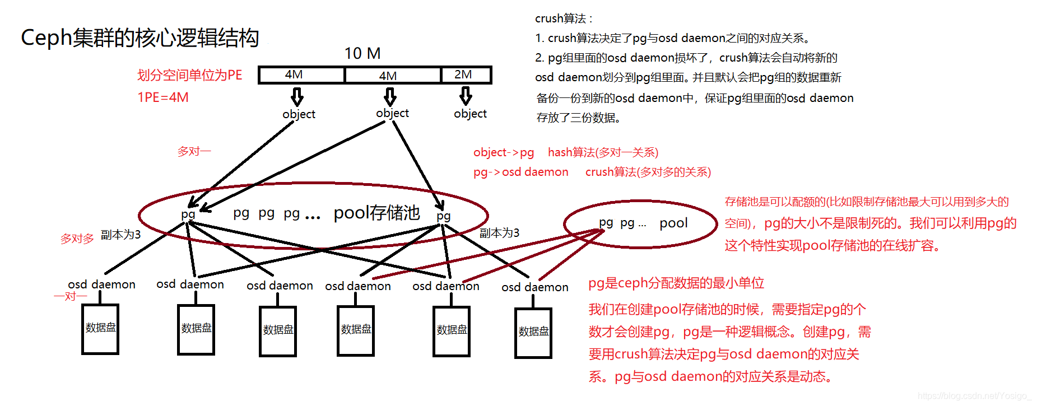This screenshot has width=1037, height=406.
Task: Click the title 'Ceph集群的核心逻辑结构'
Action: [139, 38]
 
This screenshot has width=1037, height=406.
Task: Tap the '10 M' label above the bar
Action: [362, 54]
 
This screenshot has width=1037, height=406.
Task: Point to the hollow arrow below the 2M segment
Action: [466, 96]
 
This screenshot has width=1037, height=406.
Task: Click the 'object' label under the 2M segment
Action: [470, 114]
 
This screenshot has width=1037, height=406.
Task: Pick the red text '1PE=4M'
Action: [163, 97]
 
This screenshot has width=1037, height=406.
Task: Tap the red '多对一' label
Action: [194, 151]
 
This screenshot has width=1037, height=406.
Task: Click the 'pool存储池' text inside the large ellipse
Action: [376, 213]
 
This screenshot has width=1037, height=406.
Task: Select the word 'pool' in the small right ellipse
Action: [673, 223]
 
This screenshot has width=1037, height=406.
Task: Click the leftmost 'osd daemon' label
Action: [101, 284]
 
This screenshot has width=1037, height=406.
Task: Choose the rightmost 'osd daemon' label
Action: [534, 287]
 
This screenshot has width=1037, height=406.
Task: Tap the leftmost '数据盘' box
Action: [100, 329]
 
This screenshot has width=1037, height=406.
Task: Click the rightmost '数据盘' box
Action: [533, 333]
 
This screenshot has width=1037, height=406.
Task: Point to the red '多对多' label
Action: [77, 239]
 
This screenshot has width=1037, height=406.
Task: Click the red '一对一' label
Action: [71, 296]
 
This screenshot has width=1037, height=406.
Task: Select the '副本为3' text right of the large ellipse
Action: [499, 233]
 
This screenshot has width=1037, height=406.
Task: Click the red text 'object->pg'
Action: [503, 152]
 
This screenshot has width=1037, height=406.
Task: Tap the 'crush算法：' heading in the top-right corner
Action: [564, 18]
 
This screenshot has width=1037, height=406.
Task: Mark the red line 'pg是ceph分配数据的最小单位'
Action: [676, 283]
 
